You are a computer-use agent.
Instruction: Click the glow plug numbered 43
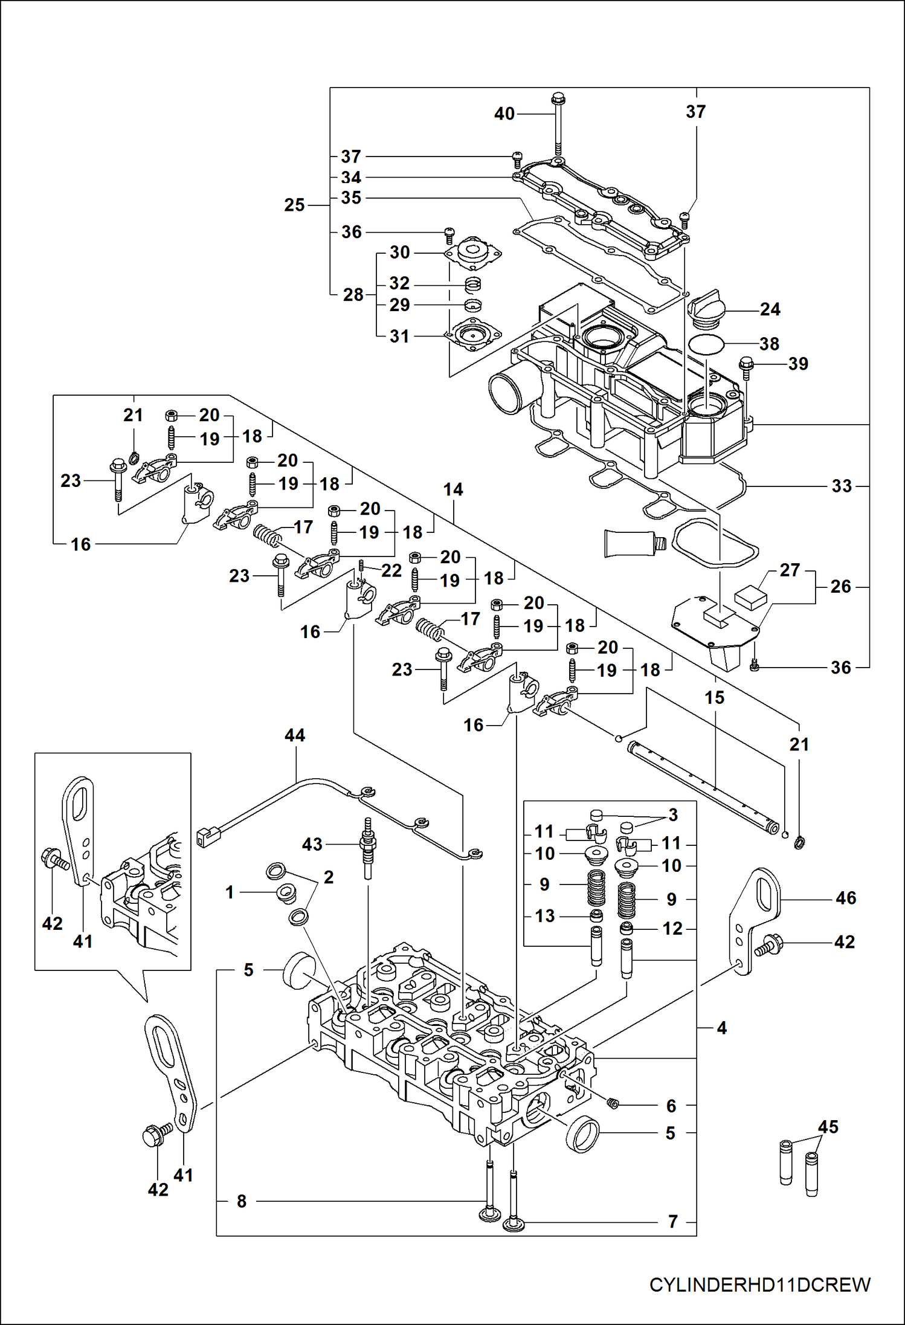tap(367, 849)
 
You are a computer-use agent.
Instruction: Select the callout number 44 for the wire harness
tap(295, 735)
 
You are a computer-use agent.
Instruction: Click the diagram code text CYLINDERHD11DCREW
tap(759, 1285)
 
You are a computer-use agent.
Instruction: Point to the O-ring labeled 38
tap(706, 344)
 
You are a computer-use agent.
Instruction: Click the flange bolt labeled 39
tap(746, 366)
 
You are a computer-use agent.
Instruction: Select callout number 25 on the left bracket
tap(294, 205)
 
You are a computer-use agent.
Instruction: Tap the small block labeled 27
tap(750, 598)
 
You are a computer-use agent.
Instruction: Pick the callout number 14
tap(453, 489)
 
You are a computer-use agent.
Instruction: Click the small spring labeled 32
tap(474, 283)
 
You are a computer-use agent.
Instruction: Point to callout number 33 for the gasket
tap(841, 486)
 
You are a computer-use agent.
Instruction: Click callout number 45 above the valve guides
tap(828, 1127)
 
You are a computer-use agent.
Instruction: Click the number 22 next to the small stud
tap(391, 570)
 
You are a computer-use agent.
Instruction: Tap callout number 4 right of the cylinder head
tap(721, 1028)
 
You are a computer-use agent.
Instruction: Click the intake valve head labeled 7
tap(513, 1225)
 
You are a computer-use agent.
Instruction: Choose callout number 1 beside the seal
tap(230, 892)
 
